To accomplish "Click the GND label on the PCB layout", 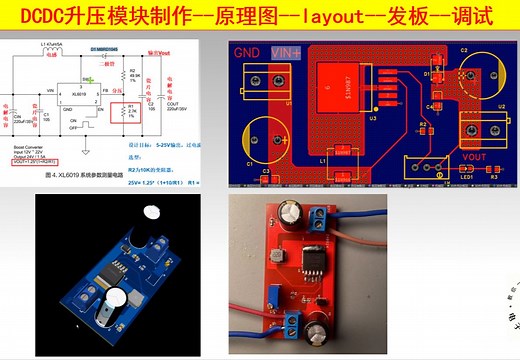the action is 247,52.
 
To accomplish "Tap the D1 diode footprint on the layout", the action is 437,74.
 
